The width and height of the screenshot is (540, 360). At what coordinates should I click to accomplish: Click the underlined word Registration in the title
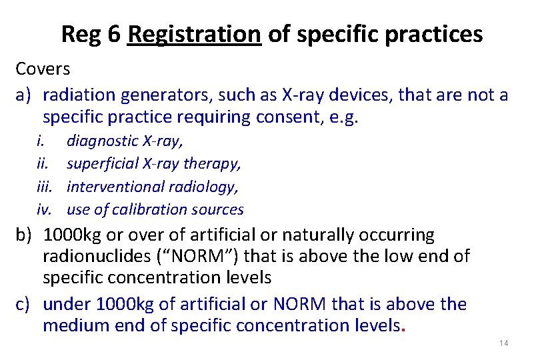[x=195, y=34]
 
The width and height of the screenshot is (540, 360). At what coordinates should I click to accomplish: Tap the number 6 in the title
[x=113, y=34]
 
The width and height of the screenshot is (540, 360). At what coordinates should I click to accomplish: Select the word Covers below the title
[x=43, y=69]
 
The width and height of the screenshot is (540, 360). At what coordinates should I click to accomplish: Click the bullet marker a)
[x=25, y=95]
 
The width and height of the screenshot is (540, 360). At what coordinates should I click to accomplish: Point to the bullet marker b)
[x=25, y=235]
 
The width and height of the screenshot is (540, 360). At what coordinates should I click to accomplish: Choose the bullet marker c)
[x=25, y=304]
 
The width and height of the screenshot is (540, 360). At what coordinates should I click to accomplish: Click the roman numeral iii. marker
[x=45, y=187]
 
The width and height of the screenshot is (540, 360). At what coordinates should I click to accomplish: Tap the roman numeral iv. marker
[x=45, y=209]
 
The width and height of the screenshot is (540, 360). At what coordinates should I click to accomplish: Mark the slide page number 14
[x=503, y=343]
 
